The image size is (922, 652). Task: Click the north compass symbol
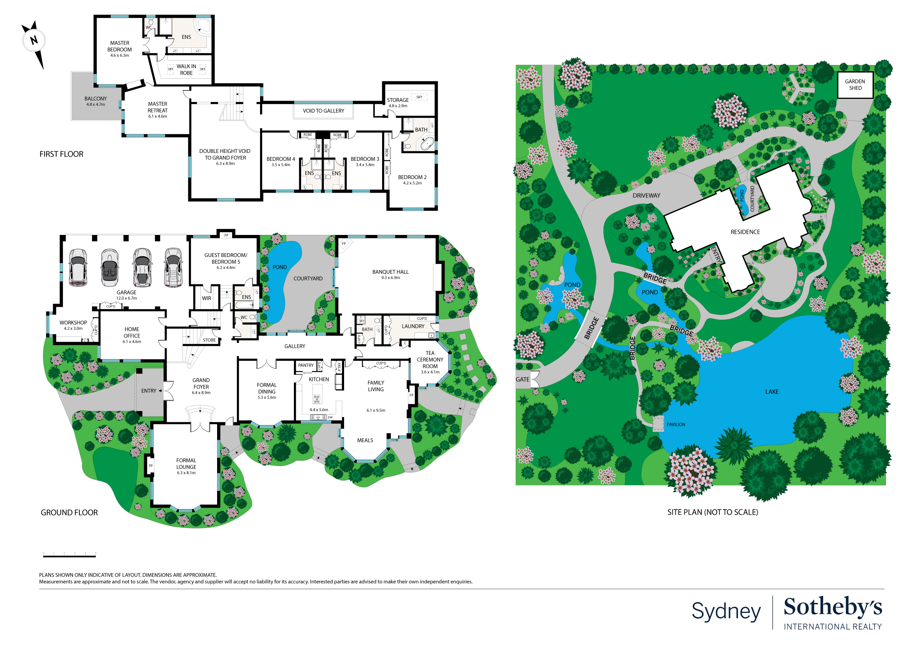(34, 41)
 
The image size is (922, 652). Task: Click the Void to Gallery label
(323, 111)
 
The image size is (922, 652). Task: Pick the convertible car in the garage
(109, 268)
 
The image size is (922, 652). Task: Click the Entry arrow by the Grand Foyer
(160, 391)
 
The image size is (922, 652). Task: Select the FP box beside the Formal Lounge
(151, 466)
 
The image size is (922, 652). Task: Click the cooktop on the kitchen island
(317, 399)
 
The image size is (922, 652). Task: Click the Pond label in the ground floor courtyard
(279, 267)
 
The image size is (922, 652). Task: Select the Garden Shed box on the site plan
(855, 85)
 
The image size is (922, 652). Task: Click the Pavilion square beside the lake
(658, 424)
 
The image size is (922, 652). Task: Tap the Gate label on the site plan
(522, 379)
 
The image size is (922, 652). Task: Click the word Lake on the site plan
(771, 392)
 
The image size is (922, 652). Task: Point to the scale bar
(69, 556)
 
